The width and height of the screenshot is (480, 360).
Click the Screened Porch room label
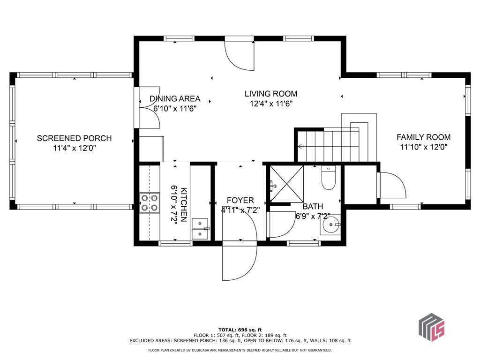click(74, 138)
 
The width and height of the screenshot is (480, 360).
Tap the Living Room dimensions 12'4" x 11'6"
click(271, 104)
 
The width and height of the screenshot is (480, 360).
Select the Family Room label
click(423, 137)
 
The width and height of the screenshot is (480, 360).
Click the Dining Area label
click(175, 99)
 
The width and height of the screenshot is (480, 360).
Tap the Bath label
click(312, 206)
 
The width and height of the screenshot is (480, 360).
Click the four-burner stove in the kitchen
click(149, 202)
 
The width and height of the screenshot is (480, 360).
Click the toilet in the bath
click(328, 179)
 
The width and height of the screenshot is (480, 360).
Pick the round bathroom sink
click(332, 225)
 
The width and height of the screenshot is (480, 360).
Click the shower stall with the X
click(286, 185)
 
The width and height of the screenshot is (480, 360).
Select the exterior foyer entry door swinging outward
click(239, 262)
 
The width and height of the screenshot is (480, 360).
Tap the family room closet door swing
click(392, 185)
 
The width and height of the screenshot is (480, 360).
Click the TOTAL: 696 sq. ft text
click(240, 330)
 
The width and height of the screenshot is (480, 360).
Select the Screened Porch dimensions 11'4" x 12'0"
click(74, 149)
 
